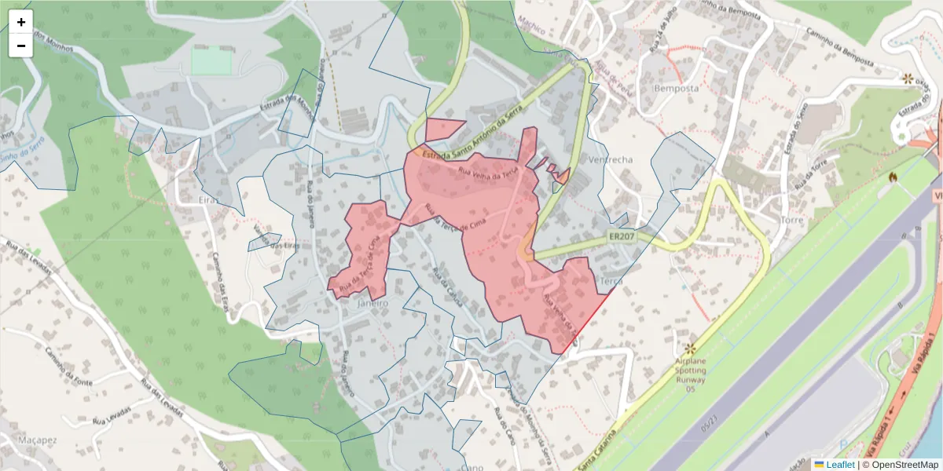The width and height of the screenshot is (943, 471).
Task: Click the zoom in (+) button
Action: click(21, 22)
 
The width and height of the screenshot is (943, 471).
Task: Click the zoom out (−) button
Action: click(21, 46)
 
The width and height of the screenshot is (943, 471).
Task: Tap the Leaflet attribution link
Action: click(839, 465)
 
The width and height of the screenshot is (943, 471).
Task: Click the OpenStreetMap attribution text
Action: click(900, 465)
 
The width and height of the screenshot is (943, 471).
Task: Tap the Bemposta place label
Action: click(676, 89)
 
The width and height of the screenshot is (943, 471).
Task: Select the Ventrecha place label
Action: click(610, 159)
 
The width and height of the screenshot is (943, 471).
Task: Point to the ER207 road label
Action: click(621, 235)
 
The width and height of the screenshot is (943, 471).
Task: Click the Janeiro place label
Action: click(372, 303)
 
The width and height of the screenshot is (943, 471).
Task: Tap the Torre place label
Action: click(792, 221)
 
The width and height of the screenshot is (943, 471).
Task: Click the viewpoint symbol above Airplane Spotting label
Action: click(691, 348)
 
